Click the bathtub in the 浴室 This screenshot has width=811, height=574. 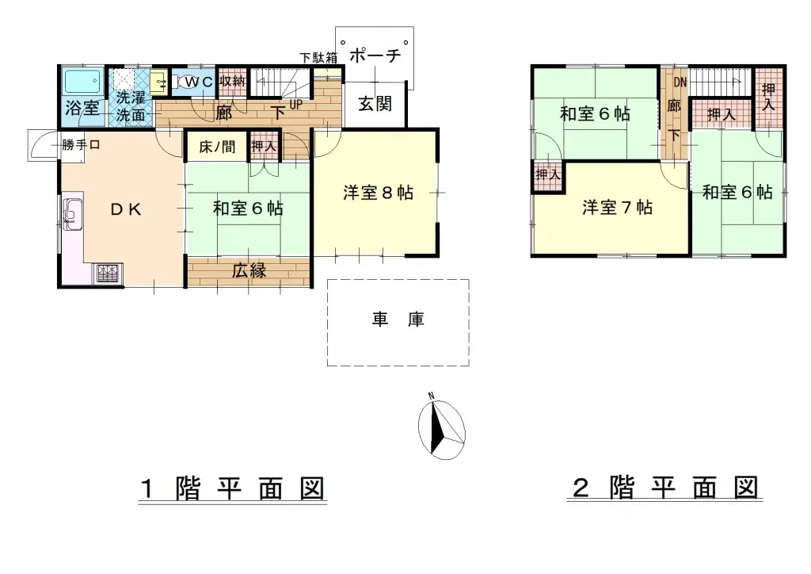(82, 82)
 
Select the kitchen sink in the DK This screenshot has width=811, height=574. (73, 212)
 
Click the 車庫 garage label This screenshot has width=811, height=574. (398, 320)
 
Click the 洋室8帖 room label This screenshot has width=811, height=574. (378, 193)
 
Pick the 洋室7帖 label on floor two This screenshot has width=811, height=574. (618, 208)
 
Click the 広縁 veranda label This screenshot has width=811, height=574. (249, 270)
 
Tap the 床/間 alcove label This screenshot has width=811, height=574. (216, 147)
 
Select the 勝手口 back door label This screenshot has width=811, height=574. (82, 144)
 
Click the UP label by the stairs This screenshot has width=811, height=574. (295, 104)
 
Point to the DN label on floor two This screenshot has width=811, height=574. (680, 81)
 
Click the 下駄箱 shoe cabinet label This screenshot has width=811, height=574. (318, 57)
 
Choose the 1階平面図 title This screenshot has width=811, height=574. (232, 488)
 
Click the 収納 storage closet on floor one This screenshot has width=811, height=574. (232, 82)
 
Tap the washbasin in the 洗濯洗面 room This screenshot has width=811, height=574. (158, 82)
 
